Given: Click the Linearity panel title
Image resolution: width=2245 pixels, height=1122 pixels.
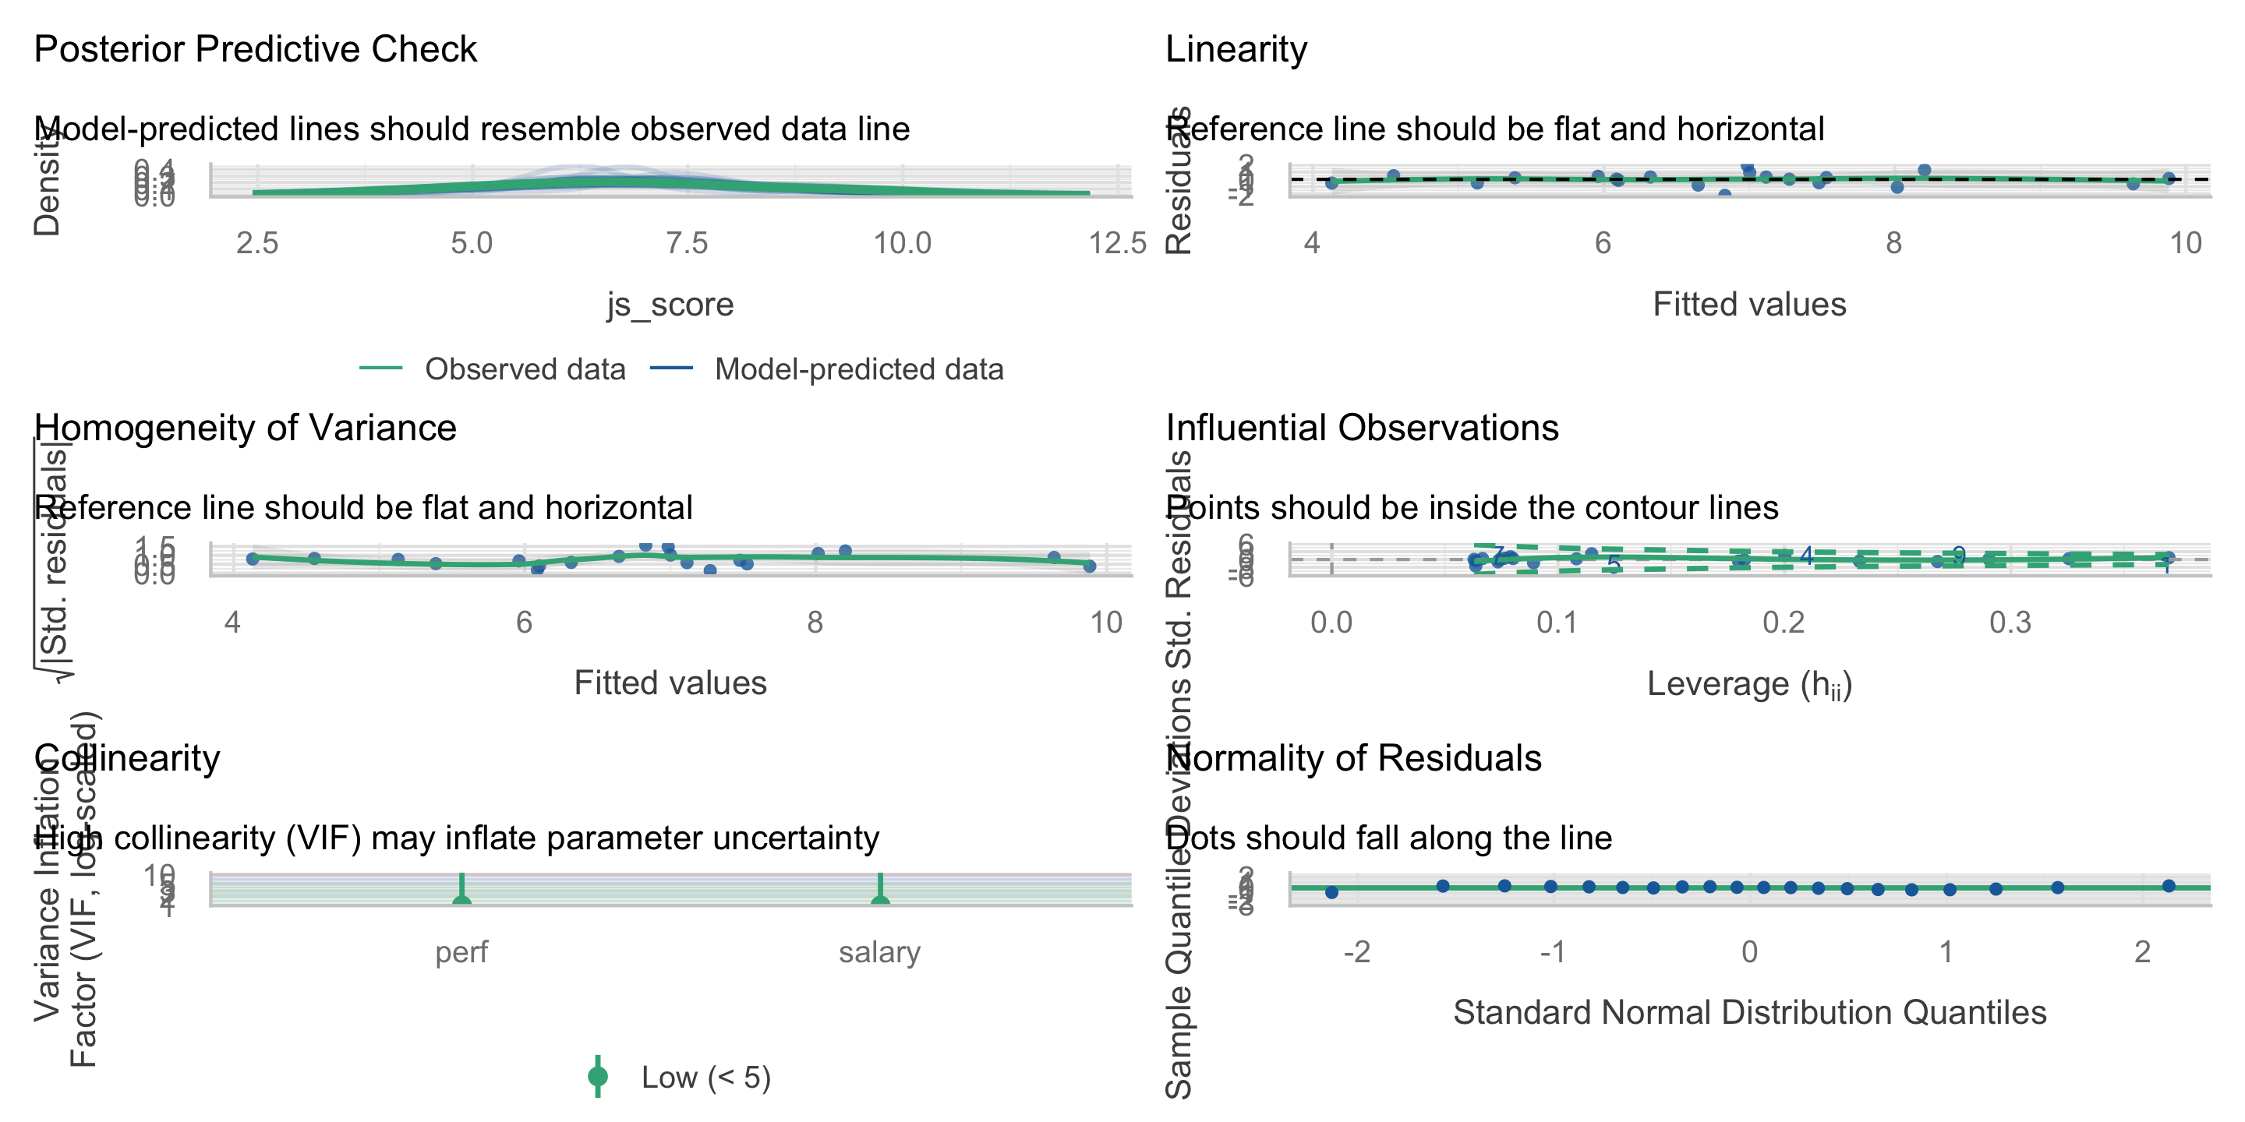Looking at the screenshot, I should pyautogui.click(x=1236, y=49).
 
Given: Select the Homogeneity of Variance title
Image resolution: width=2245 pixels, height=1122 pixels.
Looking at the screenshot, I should pyautogui.click(x=245, y=428).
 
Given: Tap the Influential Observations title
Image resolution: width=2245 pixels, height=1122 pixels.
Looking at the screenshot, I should pyautogui.click(x=1361, y=428).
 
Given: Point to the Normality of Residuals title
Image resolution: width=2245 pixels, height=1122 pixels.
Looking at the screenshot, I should pyautogui.click(x=1353, y=758).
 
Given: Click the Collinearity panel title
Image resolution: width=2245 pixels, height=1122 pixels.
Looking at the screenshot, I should pyautogui.click(x=127, y=758).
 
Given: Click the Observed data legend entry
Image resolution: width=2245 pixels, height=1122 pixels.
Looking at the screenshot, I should pyautogui.click(x=525, y=369).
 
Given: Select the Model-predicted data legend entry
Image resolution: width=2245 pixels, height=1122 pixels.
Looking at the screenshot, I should pyautogui.click(x=858, y=369).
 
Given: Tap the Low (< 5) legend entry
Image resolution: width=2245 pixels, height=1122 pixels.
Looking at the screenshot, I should pyautogui.click(x=705, y=1078).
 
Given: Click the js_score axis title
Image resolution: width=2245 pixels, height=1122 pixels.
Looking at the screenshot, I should pyautogui.click(x=670, y=304).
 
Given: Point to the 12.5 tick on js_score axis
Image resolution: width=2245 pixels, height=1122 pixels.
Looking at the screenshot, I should pyautogui.click(x=1117, y=243).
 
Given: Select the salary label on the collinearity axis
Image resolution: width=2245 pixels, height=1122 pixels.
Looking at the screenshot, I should pyautogui.click(x=879, y=952).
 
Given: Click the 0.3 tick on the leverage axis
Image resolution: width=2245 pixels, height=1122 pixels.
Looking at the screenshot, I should pyautogui.click(x=2010, y=623).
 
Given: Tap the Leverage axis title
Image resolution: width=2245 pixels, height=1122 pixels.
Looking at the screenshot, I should pyautogui.click(x=1749, y=684).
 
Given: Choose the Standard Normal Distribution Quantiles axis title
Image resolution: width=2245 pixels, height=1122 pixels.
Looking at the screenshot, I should pyautogui.click(x=1749, y=1012).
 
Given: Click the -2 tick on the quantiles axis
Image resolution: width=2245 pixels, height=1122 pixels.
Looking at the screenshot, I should pyautogui.click(x=1356, y=952).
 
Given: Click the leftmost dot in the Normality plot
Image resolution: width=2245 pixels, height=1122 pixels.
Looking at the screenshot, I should pyautogui.click(x=1331, y=892).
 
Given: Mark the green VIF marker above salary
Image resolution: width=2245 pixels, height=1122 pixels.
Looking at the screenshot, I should pyautogui.click(x=880, y=900).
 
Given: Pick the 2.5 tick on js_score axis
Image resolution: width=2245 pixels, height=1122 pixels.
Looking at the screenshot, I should pyautogui.click(x=257, y=243).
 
